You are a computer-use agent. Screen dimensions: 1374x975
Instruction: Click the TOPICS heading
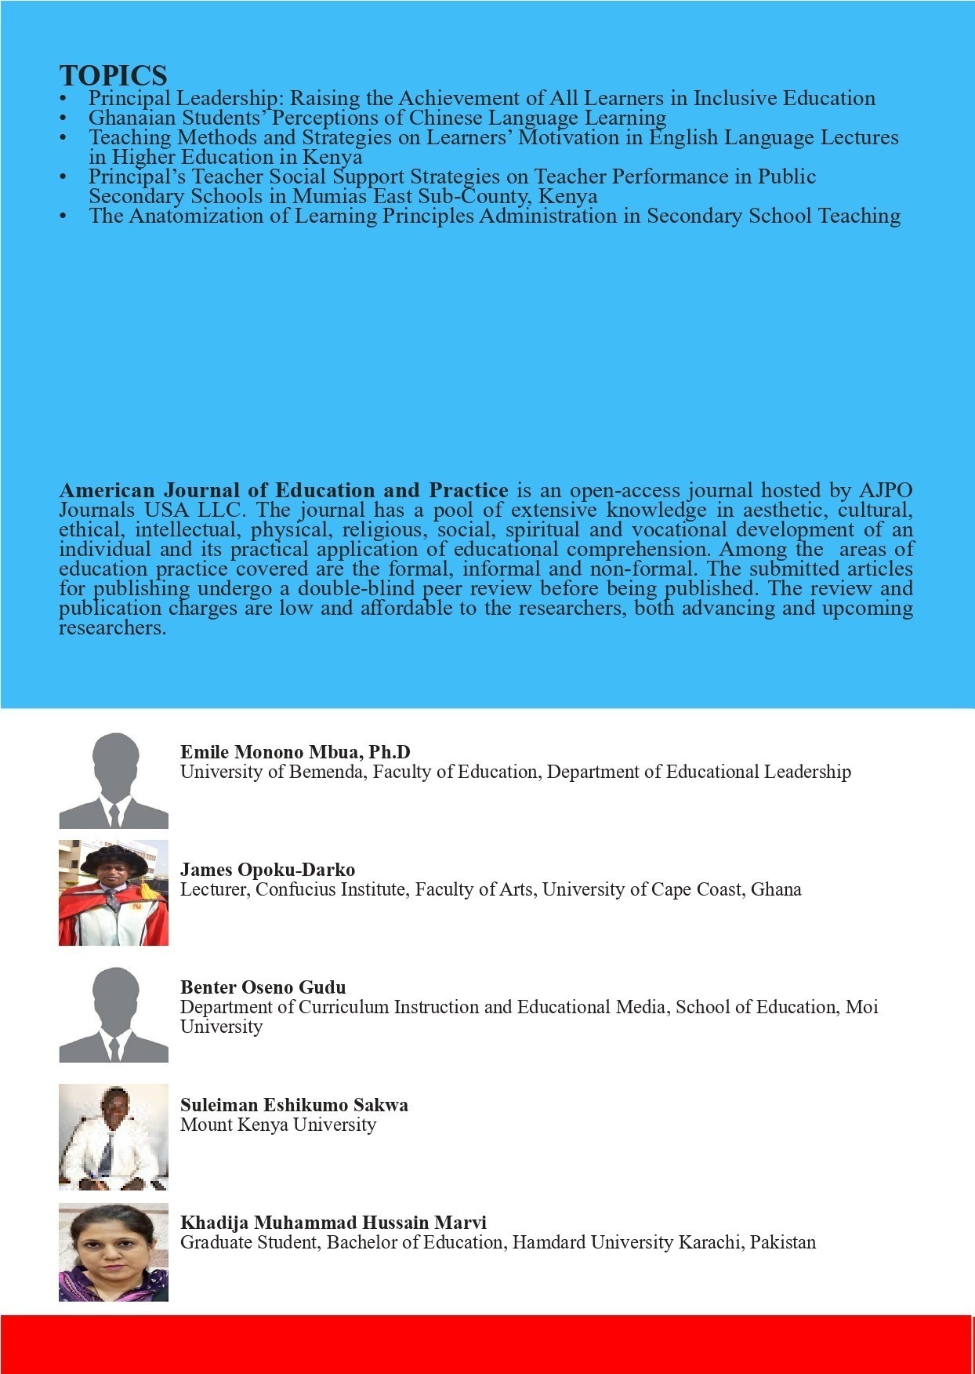click(113, 76)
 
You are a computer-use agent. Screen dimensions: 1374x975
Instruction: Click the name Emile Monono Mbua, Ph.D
click(295, 752)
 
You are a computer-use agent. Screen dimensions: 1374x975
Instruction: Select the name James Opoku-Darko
click(267, 870)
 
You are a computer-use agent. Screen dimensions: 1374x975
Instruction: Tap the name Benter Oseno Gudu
click(263, 987)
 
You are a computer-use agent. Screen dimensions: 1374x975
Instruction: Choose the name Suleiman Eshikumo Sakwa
click(294, 1105)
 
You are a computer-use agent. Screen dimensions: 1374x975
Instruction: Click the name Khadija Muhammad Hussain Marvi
click(333, 1223)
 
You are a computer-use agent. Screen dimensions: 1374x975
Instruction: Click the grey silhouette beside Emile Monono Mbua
click(114, 780)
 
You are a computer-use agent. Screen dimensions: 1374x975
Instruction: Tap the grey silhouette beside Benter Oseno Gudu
click(114, 1015)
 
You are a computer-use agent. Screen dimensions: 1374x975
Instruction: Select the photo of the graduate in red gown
click(114, 892)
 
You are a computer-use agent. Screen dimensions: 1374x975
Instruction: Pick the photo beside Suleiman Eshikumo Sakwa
click(114, 1136)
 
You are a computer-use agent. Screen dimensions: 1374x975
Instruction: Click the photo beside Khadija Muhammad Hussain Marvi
click(114, 1252)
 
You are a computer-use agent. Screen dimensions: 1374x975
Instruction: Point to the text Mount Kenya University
click(278, 1125)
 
